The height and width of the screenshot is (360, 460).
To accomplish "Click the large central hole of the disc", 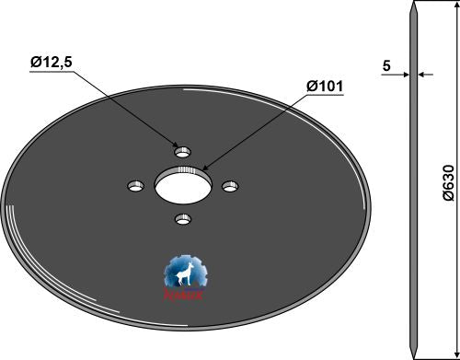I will tap(182, 185).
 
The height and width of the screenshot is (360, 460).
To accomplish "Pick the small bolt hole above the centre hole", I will tap(182, 149).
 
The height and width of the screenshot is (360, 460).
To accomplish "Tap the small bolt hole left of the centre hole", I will tap(134, 186).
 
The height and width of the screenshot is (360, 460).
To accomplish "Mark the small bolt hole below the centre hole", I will tap(182, 219).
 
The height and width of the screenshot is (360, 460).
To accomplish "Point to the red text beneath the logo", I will tap(187, 296).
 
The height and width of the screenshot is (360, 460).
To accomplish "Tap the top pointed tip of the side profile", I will tap(416, 5).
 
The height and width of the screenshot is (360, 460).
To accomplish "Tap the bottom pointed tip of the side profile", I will tap(416, 355).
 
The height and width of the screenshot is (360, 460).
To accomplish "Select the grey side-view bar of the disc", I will tap(416, 184).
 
